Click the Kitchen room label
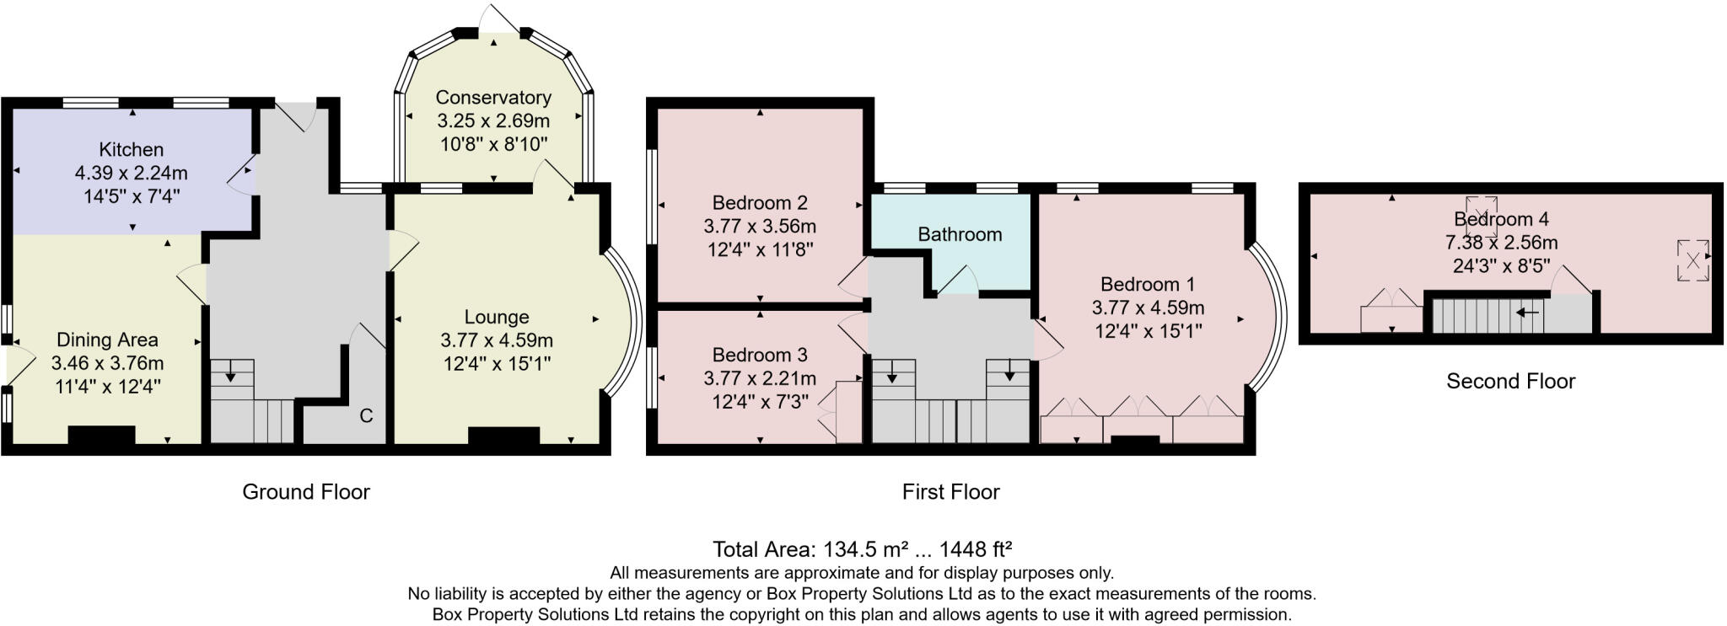pos(131,149)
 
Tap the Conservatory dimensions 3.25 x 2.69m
pos(493,121)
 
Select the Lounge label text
pos(497,317)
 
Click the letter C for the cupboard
pos(366,415)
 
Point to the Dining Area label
pos(107,340)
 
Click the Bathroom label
pos(960,234)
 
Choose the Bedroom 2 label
pos(760,202)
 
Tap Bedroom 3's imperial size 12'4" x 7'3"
pos(760,402)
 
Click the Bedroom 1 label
pos(1148,284)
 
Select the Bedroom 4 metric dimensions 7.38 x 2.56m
pos(1501,243)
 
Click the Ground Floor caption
pos(306,492)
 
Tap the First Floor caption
pos(950,492)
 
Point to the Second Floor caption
pos(1510,382)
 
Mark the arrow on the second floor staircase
pos(1527,313)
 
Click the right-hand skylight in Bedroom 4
pos(1692,259)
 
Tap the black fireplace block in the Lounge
pos(503,436)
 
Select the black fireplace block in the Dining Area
pos(101,435)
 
